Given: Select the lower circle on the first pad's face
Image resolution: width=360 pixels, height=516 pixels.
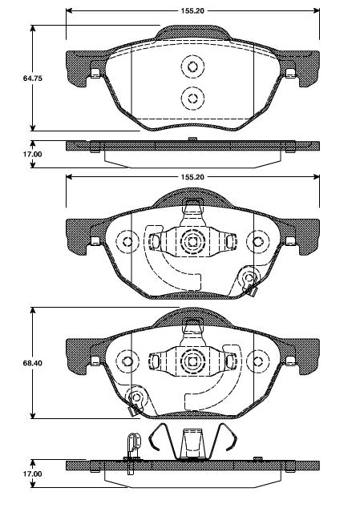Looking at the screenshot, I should (192, 98).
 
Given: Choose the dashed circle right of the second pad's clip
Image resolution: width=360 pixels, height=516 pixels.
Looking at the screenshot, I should (257, 241).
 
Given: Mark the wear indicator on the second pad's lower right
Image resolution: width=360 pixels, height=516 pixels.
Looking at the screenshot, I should (249, 280).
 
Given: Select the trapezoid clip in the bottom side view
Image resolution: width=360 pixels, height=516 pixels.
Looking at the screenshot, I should (191, 442).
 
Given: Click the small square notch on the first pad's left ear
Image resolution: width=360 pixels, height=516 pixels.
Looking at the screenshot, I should (95, 75).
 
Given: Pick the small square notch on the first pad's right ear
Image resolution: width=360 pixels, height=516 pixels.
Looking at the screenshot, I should (289, 75).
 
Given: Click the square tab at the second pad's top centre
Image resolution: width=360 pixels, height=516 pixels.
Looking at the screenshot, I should (192, 204).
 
